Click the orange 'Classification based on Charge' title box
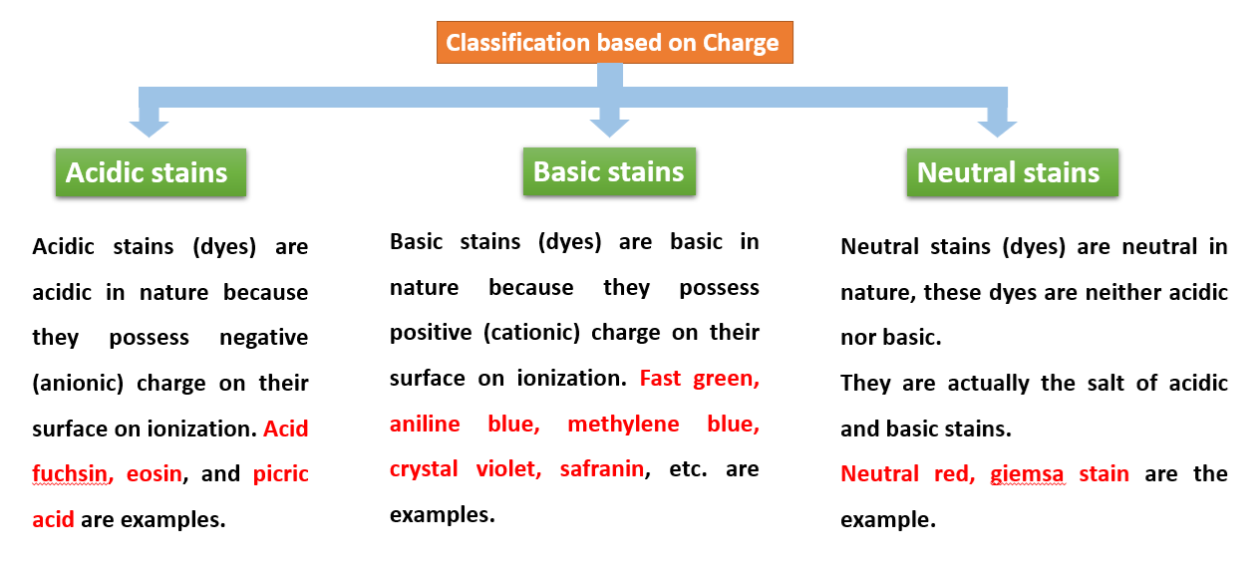coord(614,43)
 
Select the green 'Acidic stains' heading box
coord(151,172)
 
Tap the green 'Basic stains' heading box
coord(609,171)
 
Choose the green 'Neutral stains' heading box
coord(1012,172)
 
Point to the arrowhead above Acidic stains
coord(149,126)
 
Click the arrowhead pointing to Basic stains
coord(609,126)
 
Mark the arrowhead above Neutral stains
coord(996,126)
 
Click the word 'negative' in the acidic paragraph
coord(263,338)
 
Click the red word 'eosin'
coord(155,474)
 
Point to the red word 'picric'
coord(281,474)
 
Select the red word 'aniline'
coord(425,425)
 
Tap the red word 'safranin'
coord(601,469)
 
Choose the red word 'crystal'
coord(423,469)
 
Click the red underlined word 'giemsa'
coord(1027,474)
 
